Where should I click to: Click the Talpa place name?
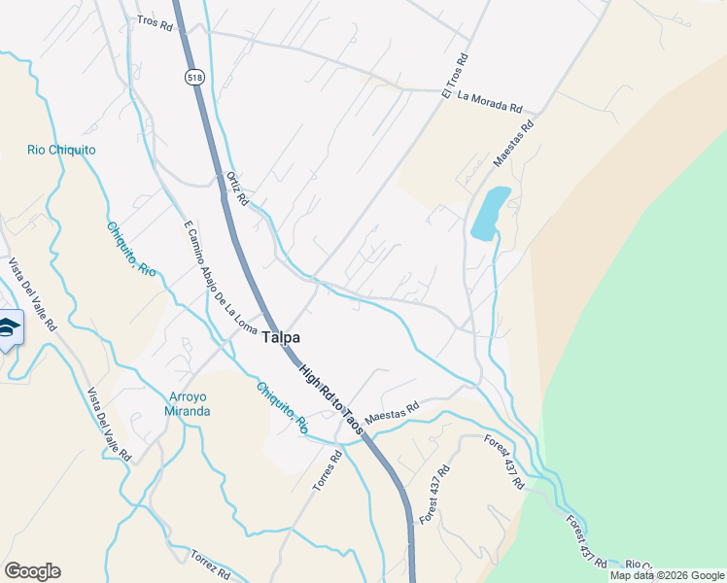tap(281, 337)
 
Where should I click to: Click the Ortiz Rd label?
tap(236, 188)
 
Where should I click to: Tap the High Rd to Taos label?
tap(331, 398)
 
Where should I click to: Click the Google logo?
tap(32, 571)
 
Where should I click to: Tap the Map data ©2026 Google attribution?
tap(666, 575)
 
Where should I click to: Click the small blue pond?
tap(489, 213)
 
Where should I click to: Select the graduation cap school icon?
tap(9, 328)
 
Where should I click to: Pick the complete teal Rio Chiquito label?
tap(61, 150)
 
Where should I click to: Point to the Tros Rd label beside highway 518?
tap(155, 22)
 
